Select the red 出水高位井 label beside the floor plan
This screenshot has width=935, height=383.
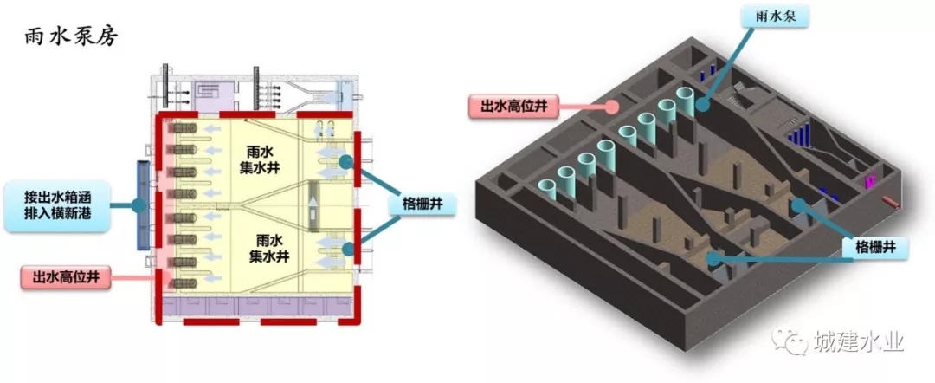[65, 278]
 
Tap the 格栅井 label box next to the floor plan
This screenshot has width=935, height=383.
[422, 205]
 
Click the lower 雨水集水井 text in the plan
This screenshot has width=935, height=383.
[264, 248]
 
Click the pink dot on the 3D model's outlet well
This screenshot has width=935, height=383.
[612, 107]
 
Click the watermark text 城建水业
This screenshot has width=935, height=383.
[858, 341]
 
